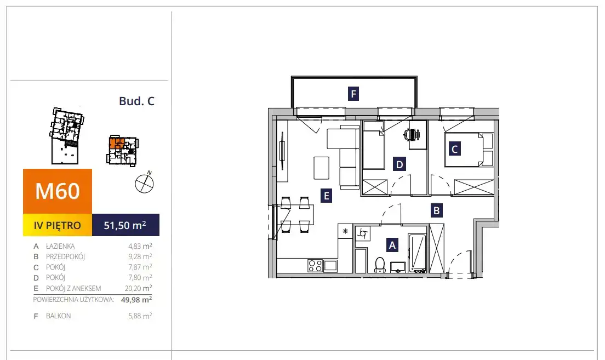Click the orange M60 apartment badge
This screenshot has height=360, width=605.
pos(58,191)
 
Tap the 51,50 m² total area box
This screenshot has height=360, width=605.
pos(125,225)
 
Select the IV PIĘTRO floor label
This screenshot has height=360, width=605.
pos(58,225)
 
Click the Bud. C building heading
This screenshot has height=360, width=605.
pos(136,101)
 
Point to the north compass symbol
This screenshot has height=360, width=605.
pos(144,182)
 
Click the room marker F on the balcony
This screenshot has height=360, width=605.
pos(353,94)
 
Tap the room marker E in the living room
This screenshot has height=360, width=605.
pos(327,196)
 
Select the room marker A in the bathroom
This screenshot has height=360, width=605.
pos(392,245)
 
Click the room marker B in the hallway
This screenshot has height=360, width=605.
pos(436,210)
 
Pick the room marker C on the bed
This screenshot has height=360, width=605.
pos(454,149)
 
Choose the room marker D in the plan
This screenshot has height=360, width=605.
pos(399,164)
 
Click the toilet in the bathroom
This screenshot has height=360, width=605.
pos(380,265)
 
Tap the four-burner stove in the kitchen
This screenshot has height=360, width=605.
pos(315,266)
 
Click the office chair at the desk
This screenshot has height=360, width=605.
pos(412,135)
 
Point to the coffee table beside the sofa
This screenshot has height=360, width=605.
pos(321,168)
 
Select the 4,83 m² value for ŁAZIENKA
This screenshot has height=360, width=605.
pos(140,246)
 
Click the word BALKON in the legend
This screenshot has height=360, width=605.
pos(58,316)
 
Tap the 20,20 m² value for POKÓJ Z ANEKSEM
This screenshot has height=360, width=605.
pos(139,288)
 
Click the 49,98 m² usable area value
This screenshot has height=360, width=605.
pos(136,299)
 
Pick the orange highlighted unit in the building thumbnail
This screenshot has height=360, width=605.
pos(116,143)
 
